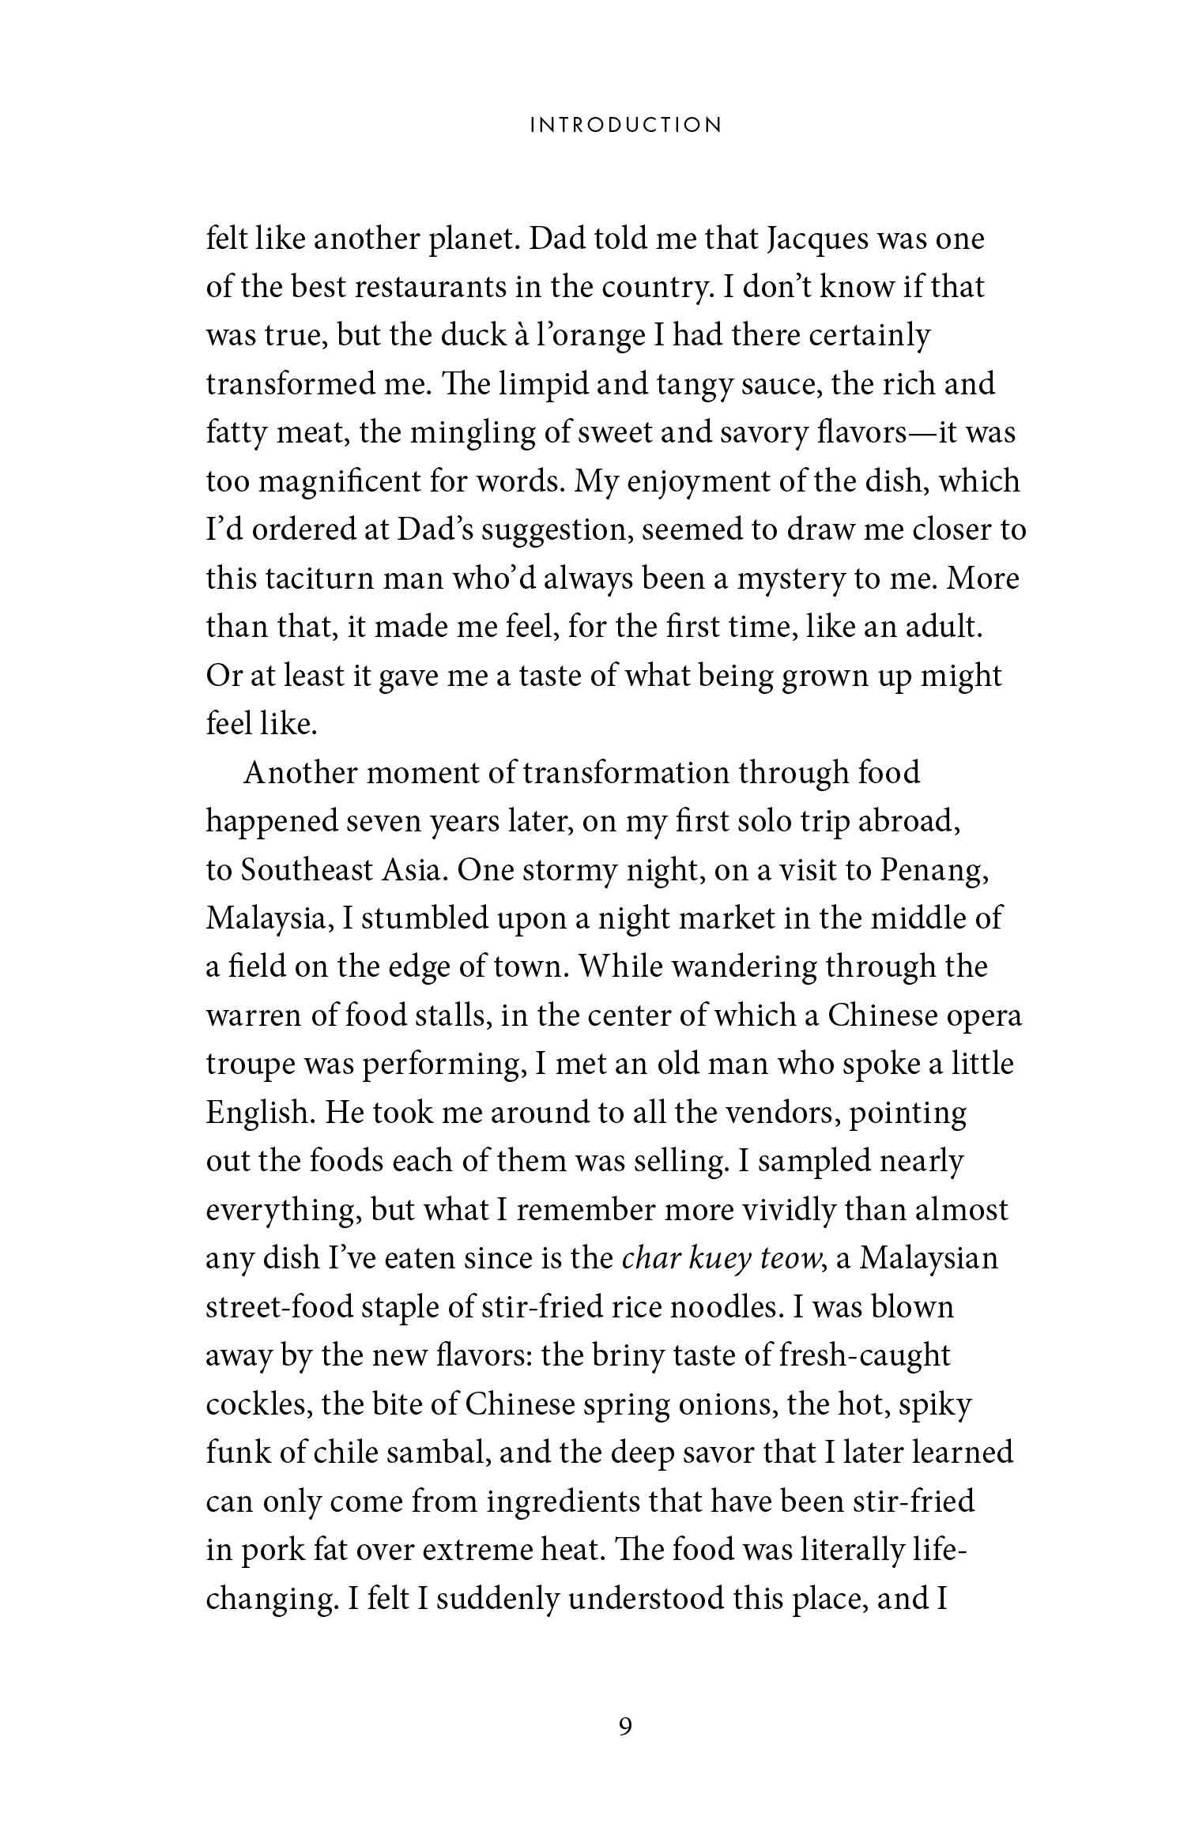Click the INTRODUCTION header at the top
click(x=625, y=126)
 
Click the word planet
click(x=471, y=239)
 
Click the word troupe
click(x=249, y=1065)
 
